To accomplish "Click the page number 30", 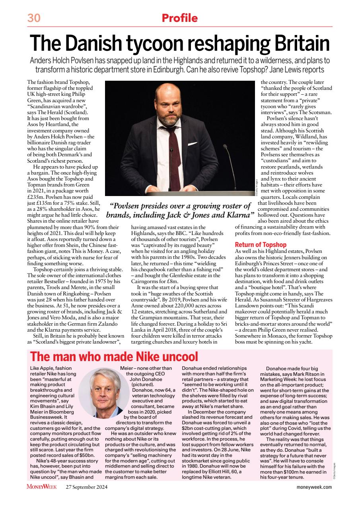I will [x=35, y=18].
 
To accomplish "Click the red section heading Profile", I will [x=179, y=18].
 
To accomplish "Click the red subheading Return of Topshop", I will [x=261, y=245].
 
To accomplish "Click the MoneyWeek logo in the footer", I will [x=41, y=487].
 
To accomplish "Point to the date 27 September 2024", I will [x=87, y=487].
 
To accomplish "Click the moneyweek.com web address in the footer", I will [x=314, y=487].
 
